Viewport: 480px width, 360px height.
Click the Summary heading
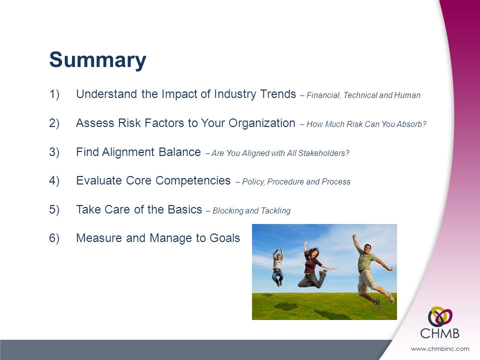97,60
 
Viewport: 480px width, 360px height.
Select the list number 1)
54,94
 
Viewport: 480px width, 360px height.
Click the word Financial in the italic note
323,95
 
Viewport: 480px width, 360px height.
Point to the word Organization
261,123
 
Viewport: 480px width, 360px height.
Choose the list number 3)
54,152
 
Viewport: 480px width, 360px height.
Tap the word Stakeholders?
323,153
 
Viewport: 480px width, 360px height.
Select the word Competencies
193,180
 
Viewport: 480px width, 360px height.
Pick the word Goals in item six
224,238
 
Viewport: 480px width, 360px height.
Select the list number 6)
54,238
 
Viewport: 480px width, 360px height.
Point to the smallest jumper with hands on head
277,267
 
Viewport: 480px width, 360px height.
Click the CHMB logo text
439,333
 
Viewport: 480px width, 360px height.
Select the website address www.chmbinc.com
439,348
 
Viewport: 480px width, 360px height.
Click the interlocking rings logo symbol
440,316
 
